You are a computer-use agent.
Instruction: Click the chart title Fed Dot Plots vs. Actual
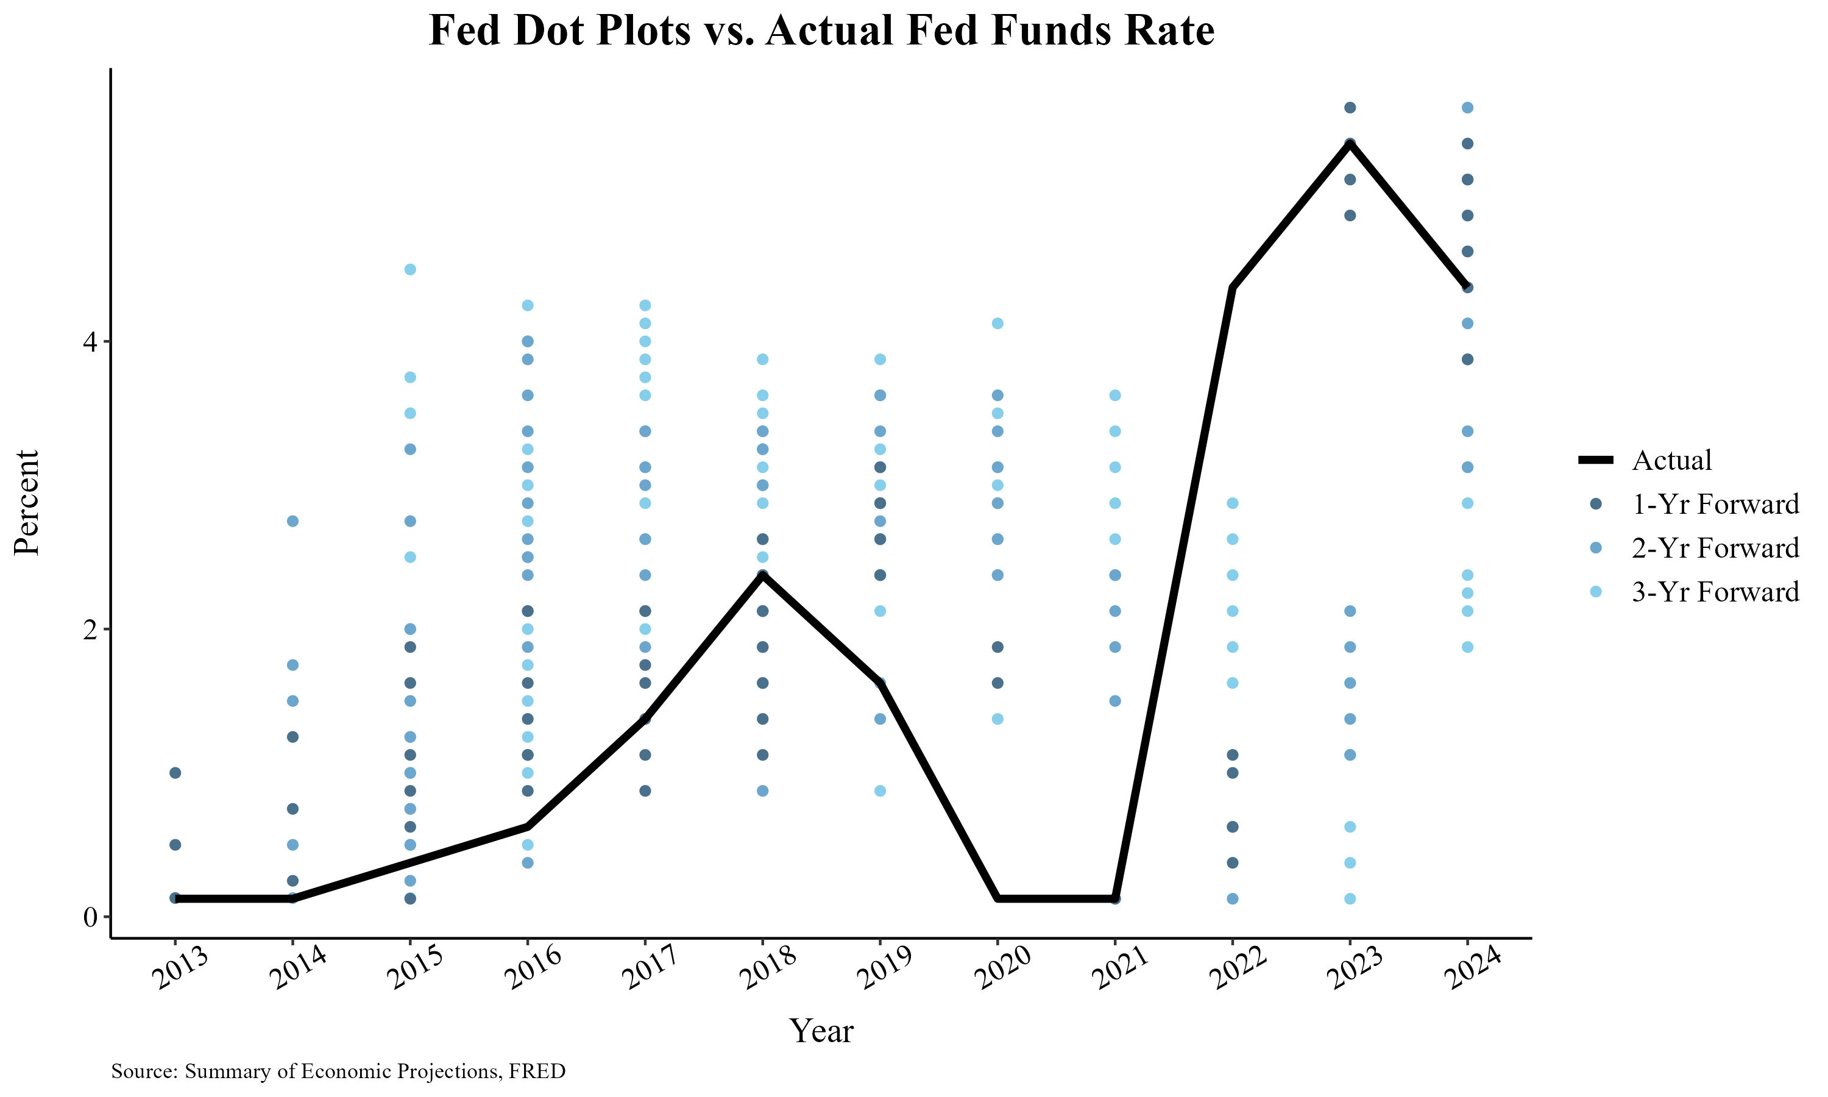(821, 31)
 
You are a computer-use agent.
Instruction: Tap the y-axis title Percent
(27, 502)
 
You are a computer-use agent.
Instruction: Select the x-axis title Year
(821, 1031)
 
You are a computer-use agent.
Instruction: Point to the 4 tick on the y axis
(90, 341)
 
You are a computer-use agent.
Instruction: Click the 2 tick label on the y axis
(90, 629)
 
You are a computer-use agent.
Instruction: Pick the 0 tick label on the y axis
(90, 917)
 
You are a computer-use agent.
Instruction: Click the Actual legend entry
(1671, 460)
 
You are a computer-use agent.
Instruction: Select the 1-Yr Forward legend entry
(1715, 504)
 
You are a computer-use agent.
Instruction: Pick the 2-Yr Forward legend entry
(1715, 548)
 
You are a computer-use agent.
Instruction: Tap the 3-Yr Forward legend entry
(1715, 591)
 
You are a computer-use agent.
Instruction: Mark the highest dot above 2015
(410, 269)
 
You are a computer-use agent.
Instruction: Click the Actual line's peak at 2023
(1350, 143)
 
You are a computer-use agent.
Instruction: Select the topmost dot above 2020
(997, 323)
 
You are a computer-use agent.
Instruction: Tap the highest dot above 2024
(1467, 108)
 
